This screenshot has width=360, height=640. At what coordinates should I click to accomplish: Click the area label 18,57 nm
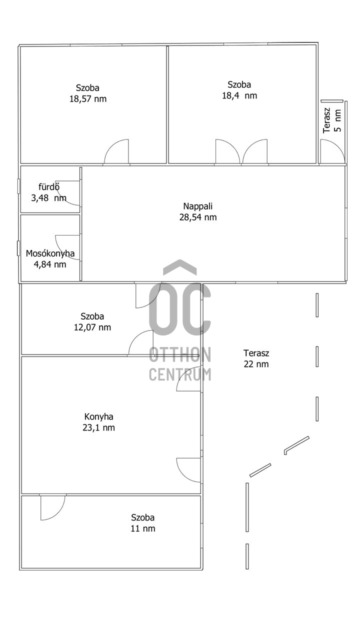(88, 99)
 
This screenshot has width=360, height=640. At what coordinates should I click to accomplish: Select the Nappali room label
(198, 206)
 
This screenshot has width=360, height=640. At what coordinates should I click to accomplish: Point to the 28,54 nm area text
(198, 217)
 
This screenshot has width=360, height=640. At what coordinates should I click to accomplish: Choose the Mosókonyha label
(50, 253)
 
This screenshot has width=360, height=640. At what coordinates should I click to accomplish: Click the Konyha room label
(99, 416)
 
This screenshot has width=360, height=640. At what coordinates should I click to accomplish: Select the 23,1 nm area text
(99, 427)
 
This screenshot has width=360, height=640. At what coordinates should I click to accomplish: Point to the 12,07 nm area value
(92, 327)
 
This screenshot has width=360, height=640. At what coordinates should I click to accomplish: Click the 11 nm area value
(143, 528)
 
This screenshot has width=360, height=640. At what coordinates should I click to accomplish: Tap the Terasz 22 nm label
(256, 358)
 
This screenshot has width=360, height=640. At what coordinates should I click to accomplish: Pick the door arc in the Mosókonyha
(68, 247)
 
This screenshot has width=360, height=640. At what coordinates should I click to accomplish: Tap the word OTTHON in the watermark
(180, 355)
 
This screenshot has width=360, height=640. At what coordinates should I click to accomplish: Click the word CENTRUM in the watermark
(180, 374)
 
